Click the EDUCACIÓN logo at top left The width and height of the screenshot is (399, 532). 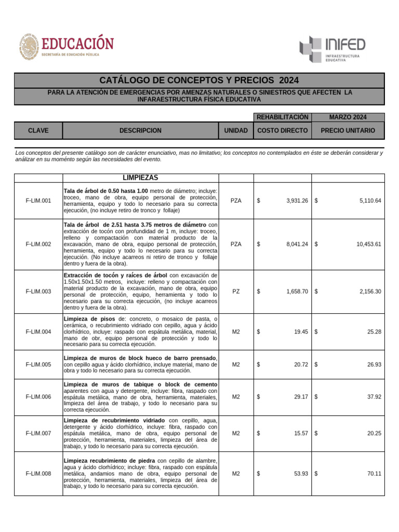(66, 46)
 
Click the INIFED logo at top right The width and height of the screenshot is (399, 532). (332, 49)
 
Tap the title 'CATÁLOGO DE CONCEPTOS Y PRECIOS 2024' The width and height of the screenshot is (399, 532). (199, 81)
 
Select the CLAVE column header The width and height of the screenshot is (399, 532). (38, 131)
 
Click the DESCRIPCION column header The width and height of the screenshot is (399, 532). (140, 131)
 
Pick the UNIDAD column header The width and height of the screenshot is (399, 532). (236, 131)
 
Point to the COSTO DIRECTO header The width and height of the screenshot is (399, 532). (283, 131)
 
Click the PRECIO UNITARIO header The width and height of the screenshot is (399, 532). (348, 131)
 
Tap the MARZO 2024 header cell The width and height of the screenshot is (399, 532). (348, 117)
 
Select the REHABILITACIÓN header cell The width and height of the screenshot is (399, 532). (283, 117)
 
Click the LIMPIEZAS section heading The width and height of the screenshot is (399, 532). (140, 178)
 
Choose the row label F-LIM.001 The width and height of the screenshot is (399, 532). (38, 201)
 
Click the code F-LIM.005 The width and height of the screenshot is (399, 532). (38, 365)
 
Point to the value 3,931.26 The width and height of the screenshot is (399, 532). (297, 201)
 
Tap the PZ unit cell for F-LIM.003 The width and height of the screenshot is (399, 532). (236, 292)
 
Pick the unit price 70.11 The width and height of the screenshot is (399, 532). (374, 474)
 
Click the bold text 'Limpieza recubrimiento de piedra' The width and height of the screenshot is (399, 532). (109, 461)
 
